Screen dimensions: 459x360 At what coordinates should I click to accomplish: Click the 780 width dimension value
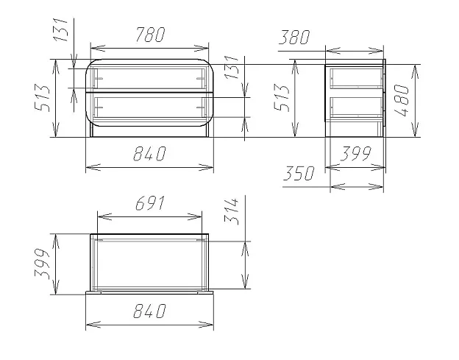pos(151,35)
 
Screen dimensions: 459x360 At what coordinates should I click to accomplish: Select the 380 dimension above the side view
pos(294,38)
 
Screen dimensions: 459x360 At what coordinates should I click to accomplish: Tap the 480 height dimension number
pos(402,100)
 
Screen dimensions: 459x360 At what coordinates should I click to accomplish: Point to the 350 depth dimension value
pos(299,173)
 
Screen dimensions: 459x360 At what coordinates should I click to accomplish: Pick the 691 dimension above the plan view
pos(151,203)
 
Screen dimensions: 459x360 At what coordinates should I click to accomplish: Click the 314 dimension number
pos(232,211)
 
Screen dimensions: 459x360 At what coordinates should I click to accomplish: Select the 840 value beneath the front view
pos(149,153)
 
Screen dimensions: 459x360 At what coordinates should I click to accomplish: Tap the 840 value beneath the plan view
pos(149,311)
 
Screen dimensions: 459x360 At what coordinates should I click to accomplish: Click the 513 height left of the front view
pos(43,98)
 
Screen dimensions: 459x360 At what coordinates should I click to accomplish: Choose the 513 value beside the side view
pos(282,98)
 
